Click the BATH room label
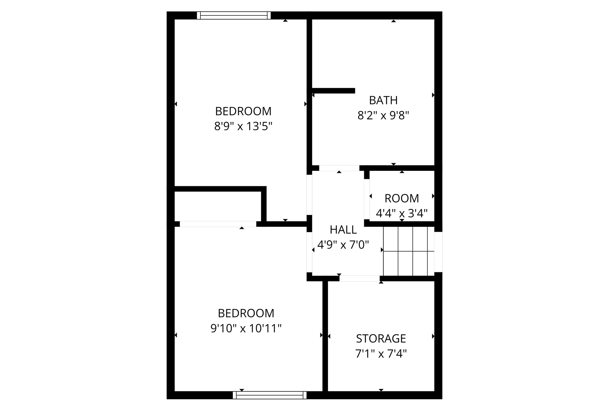pyautogui.click(x=383, y=101)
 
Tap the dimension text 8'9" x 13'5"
pyautogui.click(x=243, y=127)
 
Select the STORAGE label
pyautogui.click(x=381, y=339)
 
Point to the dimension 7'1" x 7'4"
pyautogui.click(x=381, y=354)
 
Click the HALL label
pyautogui.click(x=343, y=230)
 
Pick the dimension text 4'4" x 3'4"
pyautogui.click(x=401, y=213)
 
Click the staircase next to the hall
pyautogui.click(x=409, y=251)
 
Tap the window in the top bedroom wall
pyautogui.click(x=234, y=15)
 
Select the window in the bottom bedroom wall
pyautogui.click(x=269, y=395)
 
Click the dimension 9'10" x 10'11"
pyautogui.click(x=246, y=329)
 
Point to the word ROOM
pyautogui.click(x=401, y=198)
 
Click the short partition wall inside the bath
pyautogui.click(x=333, y=91)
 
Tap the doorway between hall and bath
pyautogui.click(x=339, y=168)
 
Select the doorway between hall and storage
pyautogui.click(x=359, y=279)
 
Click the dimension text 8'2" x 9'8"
pyautogui.click(x=383, y=115)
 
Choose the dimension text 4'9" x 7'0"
pyautogui.click(x=343, y=245)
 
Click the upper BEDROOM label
pyautogui.click(x=243, y=112)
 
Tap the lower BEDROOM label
pyautogui.click(x=246, y=313)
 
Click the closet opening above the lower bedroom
pyautogui.click(x=218, y=224)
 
